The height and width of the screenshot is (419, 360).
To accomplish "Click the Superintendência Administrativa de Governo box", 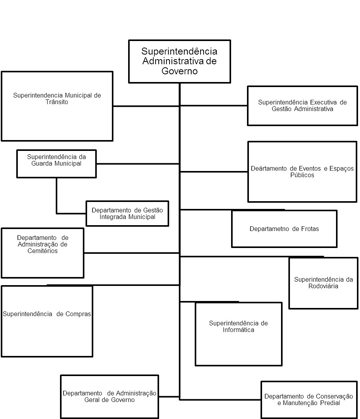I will [x=179, y=61].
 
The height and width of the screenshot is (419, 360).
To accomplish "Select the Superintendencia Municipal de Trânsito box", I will [x=57, y=106].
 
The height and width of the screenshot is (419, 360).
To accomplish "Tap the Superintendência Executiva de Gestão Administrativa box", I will [x=302, y=106].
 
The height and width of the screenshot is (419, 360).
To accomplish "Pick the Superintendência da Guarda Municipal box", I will [x=57, y=164].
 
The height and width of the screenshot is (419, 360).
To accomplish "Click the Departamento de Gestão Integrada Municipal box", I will [x=127, y=213].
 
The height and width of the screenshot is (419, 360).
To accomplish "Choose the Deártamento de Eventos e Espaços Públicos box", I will [x=302, y=171].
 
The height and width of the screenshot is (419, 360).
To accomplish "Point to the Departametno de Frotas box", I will [x=284, y=229].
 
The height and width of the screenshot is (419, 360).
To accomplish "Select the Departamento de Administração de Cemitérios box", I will [x=43, y=253].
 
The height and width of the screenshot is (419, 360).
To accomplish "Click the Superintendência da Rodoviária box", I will [x=323, y=283].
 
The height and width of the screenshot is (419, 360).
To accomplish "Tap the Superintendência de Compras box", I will [x=47, y=321].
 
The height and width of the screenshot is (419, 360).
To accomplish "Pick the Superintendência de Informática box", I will [x=238, y=333].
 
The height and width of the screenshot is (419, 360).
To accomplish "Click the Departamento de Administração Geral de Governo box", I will [x=110, y=397].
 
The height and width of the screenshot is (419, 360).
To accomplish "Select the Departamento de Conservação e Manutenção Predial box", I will [x=309, y=400].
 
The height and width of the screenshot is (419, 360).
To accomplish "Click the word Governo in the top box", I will [x=180, y=72].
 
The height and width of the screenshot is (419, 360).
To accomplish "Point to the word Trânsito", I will [x=57, y=102].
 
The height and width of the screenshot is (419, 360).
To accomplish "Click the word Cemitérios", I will [x=43, y=251].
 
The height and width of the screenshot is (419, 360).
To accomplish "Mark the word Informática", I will [x=238, y=330].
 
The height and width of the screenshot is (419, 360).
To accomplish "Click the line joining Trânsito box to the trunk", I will [x=146, y=106].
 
